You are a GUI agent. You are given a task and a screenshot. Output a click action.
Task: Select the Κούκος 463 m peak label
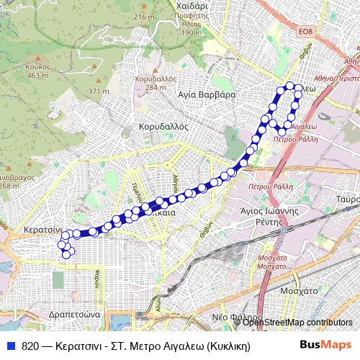[x=39, y=71]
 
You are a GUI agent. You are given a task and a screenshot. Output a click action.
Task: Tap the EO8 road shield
[x=307, y=32]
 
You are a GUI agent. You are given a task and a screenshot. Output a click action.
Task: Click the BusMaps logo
[x=325, y=345]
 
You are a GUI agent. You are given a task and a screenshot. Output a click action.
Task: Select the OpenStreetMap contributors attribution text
[x=297, y=323]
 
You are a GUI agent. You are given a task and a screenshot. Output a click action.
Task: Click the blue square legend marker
[x=11, y=346]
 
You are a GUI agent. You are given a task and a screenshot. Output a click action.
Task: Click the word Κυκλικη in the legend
[x=225, y=346]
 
